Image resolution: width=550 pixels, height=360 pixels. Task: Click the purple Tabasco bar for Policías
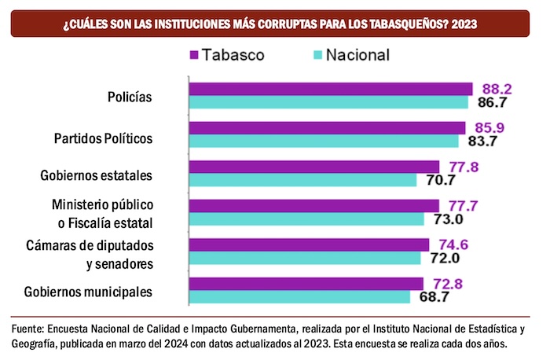(330, 89)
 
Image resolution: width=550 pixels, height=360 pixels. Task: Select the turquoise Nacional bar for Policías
(328, 102)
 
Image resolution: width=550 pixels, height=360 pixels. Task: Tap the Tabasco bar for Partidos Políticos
(327, 127)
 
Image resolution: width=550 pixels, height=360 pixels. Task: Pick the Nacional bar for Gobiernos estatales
(302, 179)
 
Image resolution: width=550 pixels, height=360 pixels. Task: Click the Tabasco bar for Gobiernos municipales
(306, 283)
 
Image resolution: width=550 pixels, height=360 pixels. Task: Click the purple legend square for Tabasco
(194, 56)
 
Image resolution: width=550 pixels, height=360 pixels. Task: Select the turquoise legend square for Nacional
(317, 56)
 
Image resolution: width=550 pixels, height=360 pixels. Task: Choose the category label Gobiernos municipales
(87, 292)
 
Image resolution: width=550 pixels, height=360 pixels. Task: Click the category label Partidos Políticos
(102, 138)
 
